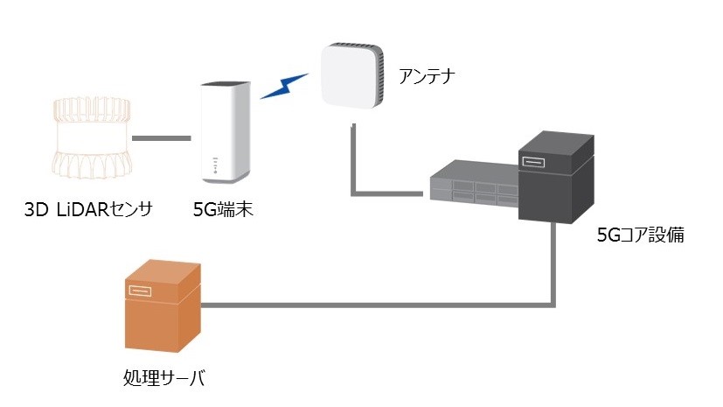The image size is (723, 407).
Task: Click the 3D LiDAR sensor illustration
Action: point(91,137)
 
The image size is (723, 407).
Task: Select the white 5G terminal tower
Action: point(226,133)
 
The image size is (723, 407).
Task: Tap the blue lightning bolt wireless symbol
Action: point(284,86)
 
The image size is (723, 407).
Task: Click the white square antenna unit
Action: point(352,75)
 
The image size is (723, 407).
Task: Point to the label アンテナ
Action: point(427,77)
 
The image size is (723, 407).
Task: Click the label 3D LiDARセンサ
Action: point(88,209)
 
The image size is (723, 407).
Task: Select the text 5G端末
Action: point(223,210)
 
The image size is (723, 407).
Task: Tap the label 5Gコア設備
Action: point(641,235)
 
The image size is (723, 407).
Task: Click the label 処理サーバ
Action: point(164,378)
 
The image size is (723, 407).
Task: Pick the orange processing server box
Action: point(163,306)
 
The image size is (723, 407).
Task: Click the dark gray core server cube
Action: point(556,177)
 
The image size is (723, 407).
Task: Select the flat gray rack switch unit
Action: point(474,184)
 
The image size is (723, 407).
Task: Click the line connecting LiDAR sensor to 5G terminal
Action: point(162,138)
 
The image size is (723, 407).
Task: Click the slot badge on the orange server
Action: point(140,291)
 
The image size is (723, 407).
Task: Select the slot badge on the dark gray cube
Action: point(533,162)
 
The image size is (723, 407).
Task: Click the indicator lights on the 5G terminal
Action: point(215,165)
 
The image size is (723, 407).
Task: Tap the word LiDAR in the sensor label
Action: point(82,209)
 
